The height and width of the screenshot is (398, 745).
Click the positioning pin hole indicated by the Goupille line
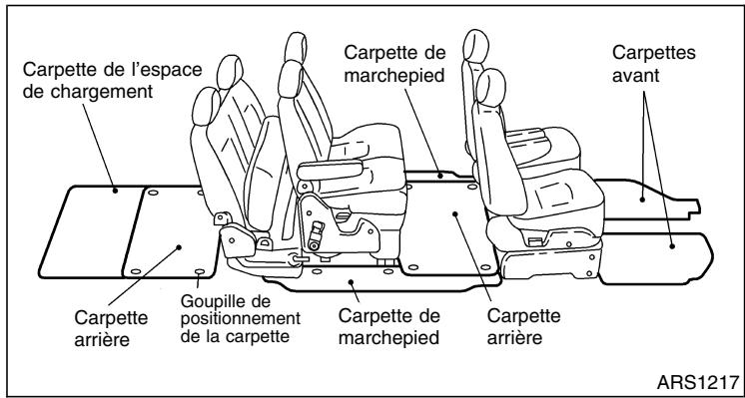point(202,270)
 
